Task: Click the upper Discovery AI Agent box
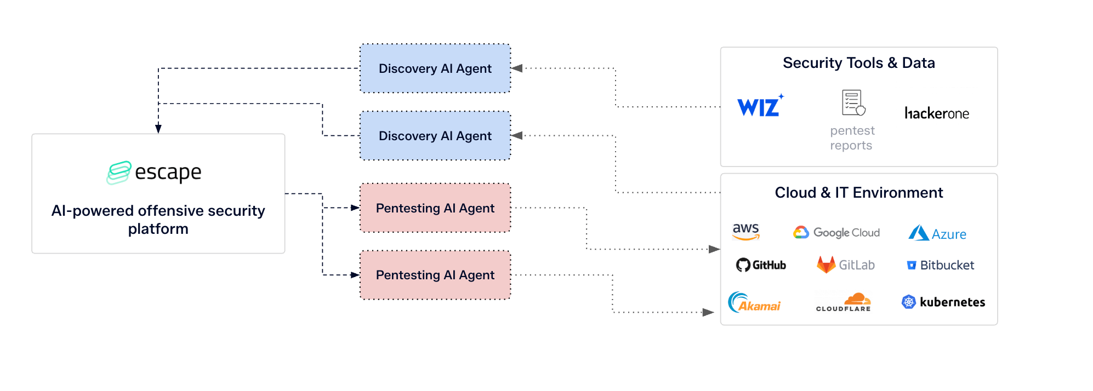(x=435, y=68)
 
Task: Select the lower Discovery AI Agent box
(x=435, y=136)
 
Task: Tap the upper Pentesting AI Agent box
(x=435, y=208)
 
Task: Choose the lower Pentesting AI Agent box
(x=435, y=275)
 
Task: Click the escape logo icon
(x=119, y=173)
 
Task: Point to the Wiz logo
(x=760, y=106)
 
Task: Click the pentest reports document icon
(x=853, y=103)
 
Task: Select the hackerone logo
(x=936, y=113)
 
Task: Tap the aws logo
(x=746, y=232)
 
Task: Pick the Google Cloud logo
(x=836, y=233)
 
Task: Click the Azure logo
(x=937, y=234)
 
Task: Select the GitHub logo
(x=761, y=265)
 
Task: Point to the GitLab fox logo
(x=826, y=265)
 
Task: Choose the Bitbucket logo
(x=941, y=266)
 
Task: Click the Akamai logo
(x=754, y=302)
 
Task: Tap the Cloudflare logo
(x=844, y=302)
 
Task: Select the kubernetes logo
(x=943, y=302)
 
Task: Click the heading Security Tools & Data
(x=858, y=63)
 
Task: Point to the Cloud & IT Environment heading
(x=858, y=193)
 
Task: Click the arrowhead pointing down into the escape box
(x=158, y=129)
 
